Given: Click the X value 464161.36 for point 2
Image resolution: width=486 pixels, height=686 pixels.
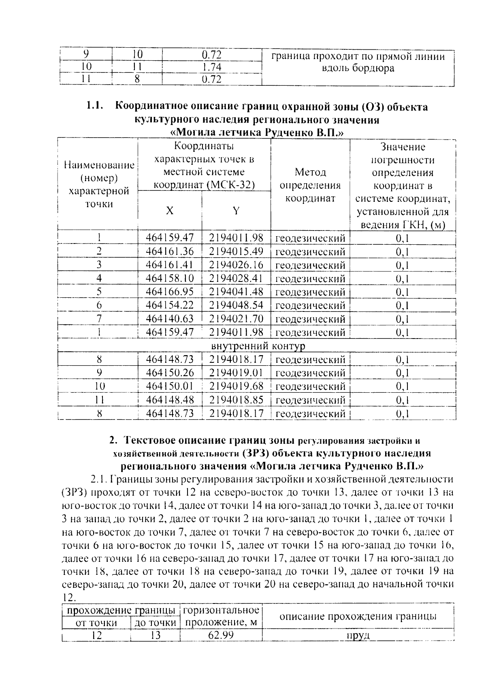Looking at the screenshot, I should [x=170, y=251].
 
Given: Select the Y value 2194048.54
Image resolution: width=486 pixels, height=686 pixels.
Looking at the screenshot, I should [x=236, y=305].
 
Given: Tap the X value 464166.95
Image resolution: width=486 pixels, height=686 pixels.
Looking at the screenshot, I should [x=170, y=292].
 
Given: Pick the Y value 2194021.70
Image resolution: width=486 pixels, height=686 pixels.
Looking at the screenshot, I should [x=236, y=319].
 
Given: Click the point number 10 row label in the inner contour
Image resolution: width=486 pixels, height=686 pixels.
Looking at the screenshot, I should [x=99, y=386].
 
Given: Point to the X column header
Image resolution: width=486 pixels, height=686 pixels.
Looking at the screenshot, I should [x=170, y=211].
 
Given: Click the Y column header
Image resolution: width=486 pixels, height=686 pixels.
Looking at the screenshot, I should [x=236, y=211].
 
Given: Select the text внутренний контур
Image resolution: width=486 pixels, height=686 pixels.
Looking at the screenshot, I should [x=258, y=346].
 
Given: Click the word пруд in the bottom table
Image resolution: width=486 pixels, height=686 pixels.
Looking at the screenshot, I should [x=358, y=635].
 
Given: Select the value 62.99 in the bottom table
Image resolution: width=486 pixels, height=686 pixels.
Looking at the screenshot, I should [x=221, y=635].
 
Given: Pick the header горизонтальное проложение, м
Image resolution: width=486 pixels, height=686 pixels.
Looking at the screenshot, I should [x=221, y=616].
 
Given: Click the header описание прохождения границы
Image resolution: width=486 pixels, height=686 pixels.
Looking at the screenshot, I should [x=358, y=616].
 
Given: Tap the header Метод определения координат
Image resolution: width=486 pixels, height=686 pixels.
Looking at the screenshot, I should [x=310, y=185].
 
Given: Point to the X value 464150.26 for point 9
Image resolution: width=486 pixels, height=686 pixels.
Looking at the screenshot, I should [x=170, y=373].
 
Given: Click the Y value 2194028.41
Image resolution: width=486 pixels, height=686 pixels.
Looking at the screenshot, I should [x=236, y=278].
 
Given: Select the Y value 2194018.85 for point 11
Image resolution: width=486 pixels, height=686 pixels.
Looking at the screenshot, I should [x=236, y=400].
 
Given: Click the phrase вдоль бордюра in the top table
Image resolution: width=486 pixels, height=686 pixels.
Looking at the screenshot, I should [x=358, y=68].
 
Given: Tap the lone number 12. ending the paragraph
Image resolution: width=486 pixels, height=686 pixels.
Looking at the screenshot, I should [x=70, y=597].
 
